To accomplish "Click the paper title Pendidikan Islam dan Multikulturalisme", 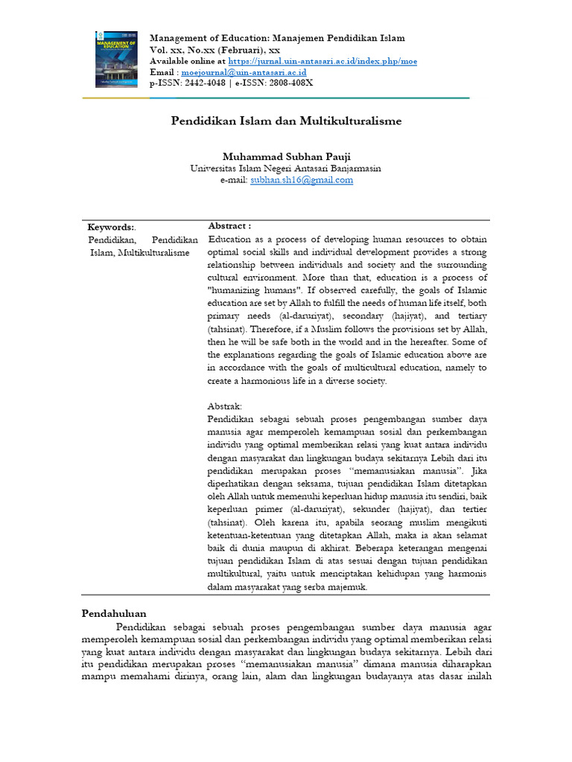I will (x=287, y=120).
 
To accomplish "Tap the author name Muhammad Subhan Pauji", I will (x=286, y=156).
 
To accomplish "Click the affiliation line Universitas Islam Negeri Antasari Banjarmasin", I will (x=286, y=168).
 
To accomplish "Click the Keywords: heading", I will (x=111, y=227).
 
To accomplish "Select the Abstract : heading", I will (x=229, y=225).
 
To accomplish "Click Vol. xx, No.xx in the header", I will (x=183, y=49).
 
